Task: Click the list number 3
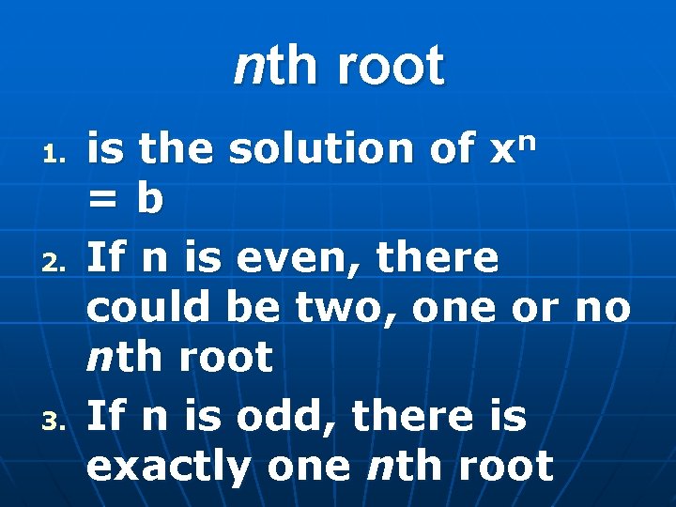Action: [55, 421]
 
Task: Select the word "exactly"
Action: [168, 467]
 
